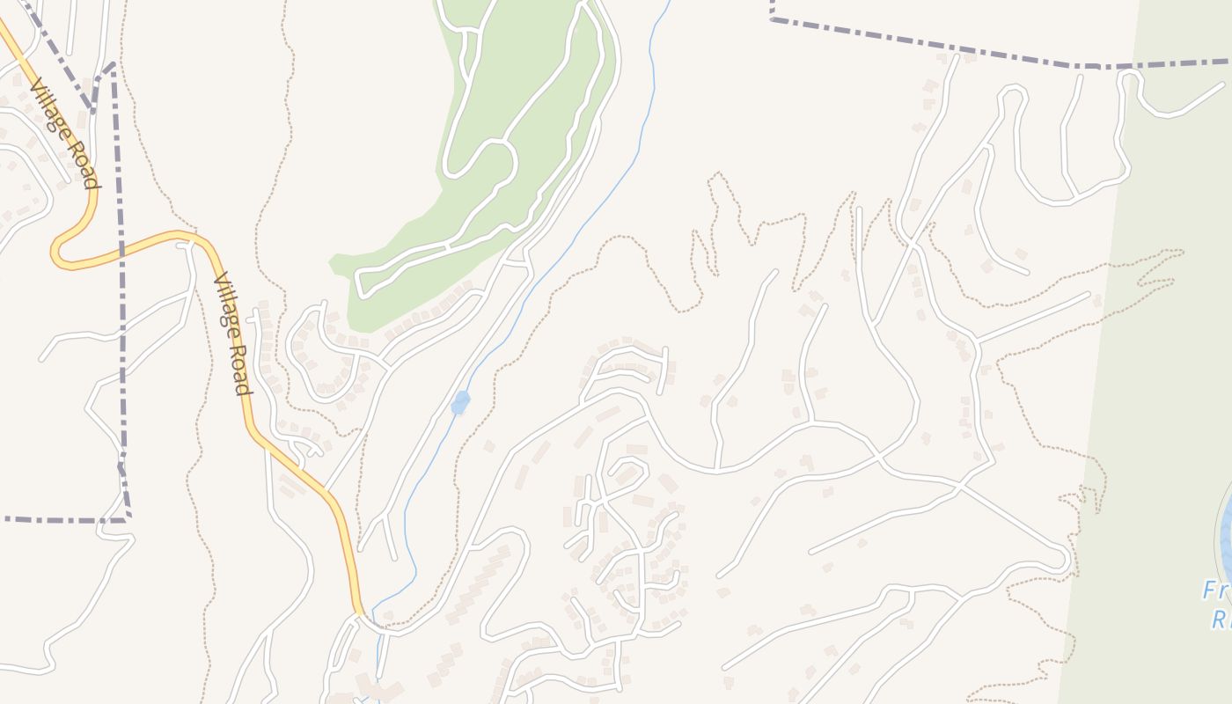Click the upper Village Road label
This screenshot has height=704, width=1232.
click(x=63, y=133)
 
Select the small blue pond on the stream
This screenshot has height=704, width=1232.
click(x=459, y=403)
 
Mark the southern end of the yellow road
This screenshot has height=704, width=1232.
click(x=360, y=611)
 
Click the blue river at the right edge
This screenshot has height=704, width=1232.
click(x=1225, y=528)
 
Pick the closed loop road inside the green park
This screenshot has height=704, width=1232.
click(x=480, y=158)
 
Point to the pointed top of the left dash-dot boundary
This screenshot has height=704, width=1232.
click(x=113, y=64)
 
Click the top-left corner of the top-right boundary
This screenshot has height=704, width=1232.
click(x=772, y=18)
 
